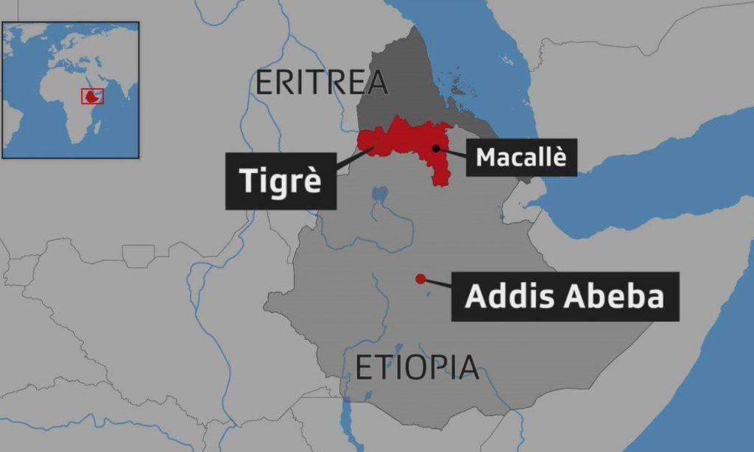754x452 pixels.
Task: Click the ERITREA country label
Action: pyautogui.click(x=321, y=82)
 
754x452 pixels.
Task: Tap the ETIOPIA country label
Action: pyautogui.click(x=417, y=367)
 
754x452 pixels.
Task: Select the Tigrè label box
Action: pyautogui.click(x=281, y=180)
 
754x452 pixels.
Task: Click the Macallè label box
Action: pyautogui.click(x=521, y=158)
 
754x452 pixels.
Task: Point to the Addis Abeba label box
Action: pyautogui.click(x=565, y=296)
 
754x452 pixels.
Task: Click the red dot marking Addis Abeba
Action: pyautogui.click(x=420, y=278)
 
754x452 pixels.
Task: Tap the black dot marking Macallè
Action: pyautogui.click(x=436, y=148)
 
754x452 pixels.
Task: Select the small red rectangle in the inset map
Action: pyautogui.click(x=92, y=96)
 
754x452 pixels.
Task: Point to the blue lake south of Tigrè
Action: pyautogui.click(x=380, y=196)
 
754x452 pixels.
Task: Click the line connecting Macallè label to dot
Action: pyautogui.click(x=452, y=152)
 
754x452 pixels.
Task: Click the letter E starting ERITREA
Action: pyautogui.click(x=264, y=82)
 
